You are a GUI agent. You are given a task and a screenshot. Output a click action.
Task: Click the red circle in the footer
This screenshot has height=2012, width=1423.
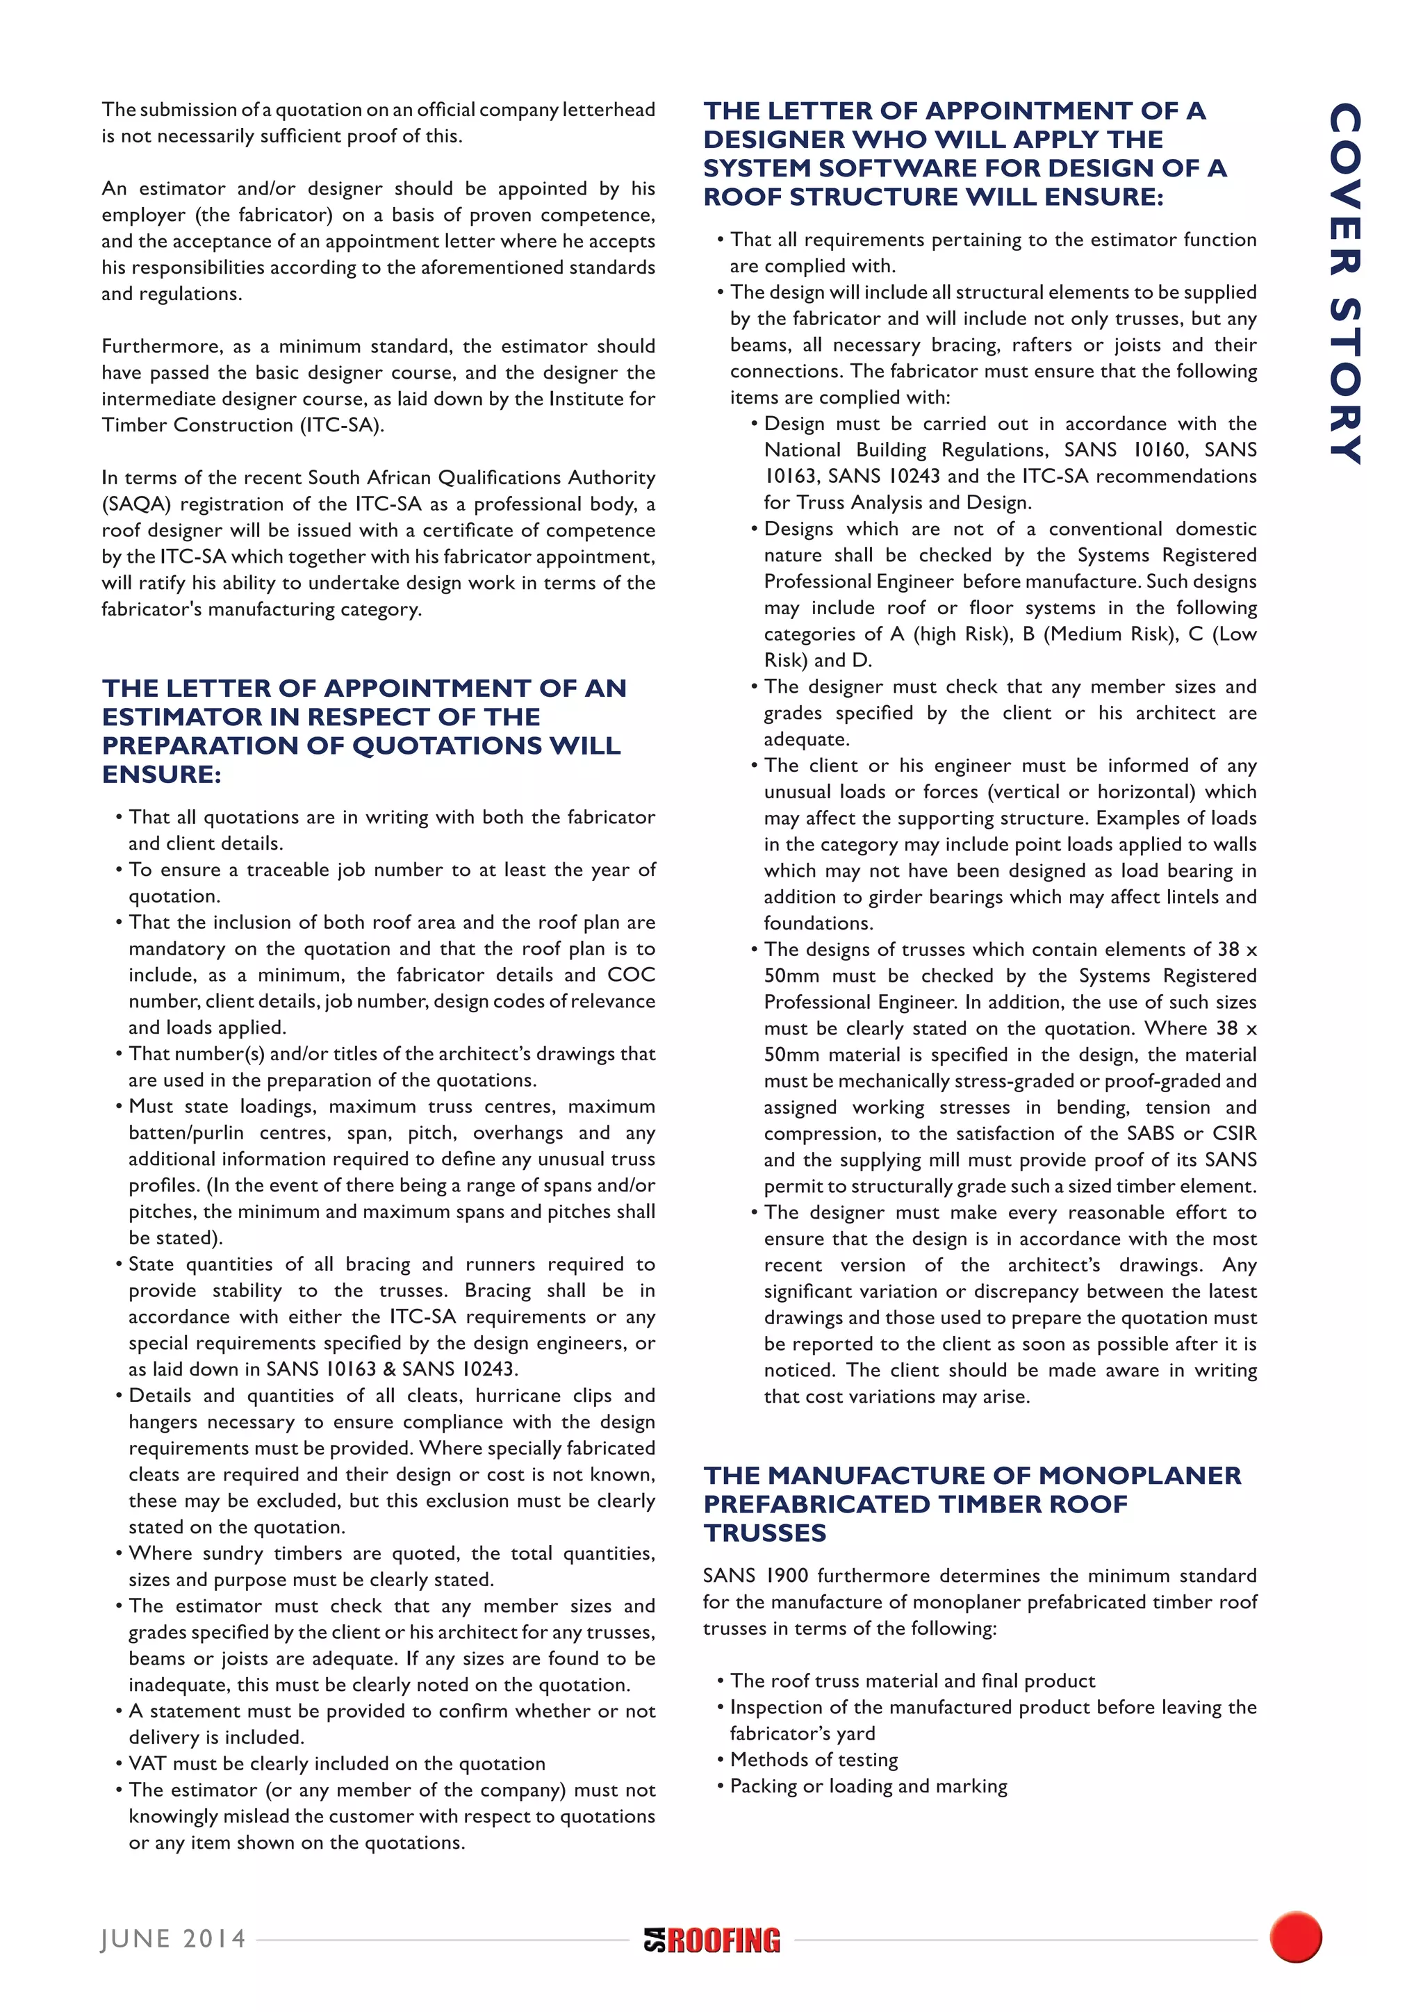(x=1295, y=1938)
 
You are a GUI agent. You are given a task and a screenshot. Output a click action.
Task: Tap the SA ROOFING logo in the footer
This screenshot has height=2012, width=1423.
(x=711, y=1940)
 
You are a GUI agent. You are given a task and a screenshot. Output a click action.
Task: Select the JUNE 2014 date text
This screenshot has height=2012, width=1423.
(x=174, y=1939)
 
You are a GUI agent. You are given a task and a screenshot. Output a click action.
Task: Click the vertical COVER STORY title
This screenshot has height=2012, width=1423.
(x=1345, y=283)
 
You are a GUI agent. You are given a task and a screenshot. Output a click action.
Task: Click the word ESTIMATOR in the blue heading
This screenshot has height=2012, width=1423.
(x=181, y=717)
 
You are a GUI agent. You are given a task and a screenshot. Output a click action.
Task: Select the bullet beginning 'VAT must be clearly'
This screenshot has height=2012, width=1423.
(x=336, y=1763)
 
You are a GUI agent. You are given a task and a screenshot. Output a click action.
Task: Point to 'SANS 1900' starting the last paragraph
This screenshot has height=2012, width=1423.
(x=755, y=1576)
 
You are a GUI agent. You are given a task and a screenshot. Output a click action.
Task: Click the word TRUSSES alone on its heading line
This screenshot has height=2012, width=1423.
(x=765, y=1533)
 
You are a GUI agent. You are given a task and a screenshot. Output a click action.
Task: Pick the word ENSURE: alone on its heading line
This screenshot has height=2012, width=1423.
(x=161, y=775)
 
